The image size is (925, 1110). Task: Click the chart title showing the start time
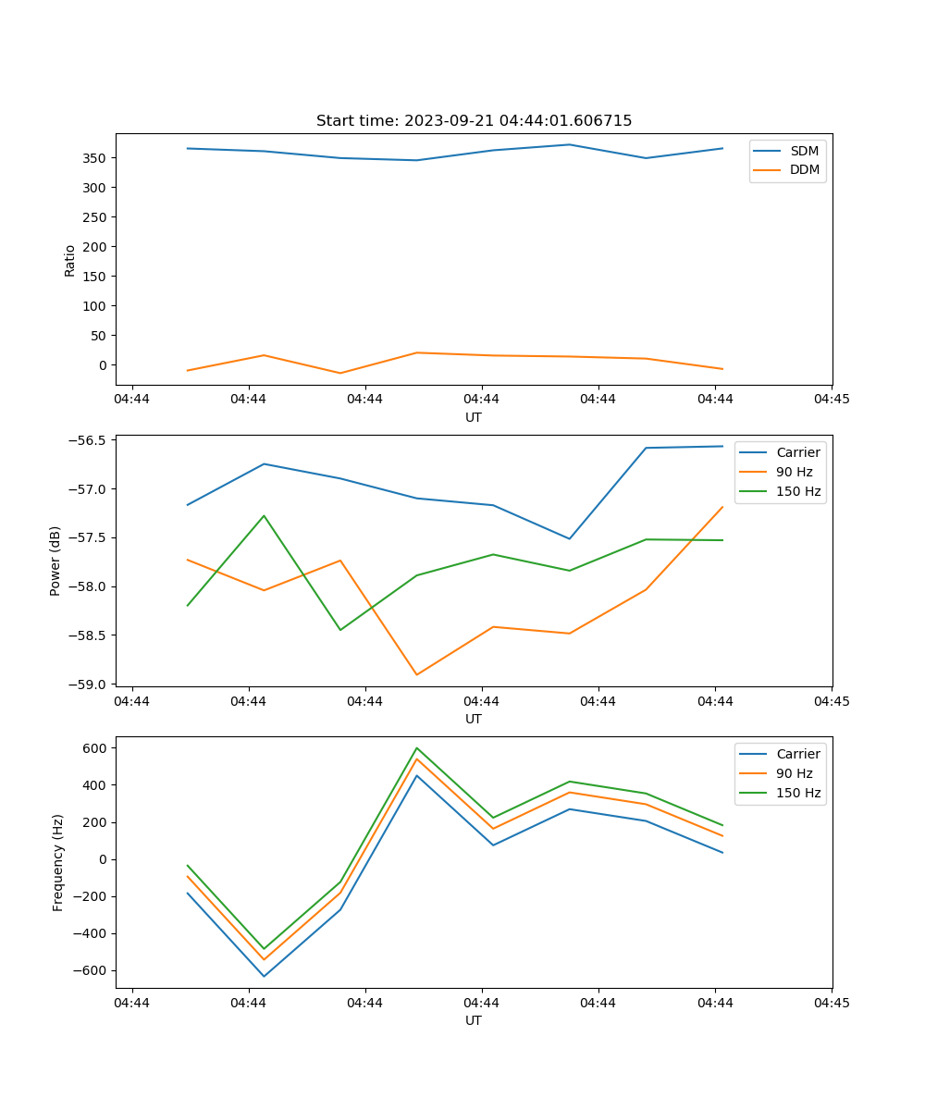click(x=474, y=121)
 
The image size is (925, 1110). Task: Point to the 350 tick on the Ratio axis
click(x=95, y=158)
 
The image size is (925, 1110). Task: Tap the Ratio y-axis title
click(x=70, y=260)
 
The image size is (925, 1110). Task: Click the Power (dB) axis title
click(x=55, y=561)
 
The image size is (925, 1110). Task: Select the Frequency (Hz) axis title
click(x=58, y=862)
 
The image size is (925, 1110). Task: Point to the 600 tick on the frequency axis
click(x=97, y=747)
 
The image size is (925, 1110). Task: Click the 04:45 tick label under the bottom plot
click(x=831, y=1002)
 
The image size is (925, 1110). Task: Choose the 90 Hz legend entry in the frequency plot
click(x=794, y=773)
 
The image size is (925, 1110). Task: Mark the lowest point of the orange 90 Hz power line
click(x=417, y=674)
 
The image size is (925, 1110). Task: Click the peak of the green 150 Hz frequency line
click(x=417, y=747)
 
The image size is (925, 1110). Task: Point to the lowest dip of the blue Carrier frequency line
click(x=264, y=976)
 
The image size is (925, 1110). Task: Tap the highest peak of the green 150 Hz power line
click(x=264, y=515)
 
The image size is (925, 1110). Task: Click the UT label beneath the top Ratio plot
click(x=474, y=417)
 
